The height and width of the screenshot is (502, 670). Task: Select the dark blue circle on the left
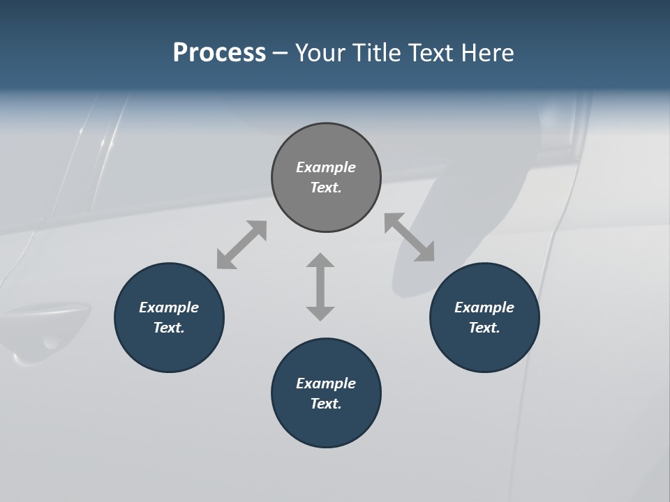[169, 317]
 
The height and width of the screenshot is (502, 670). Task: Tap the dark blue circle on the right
[484, 317]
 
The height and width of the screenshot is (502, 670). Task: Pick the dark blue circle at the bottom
[326, 393]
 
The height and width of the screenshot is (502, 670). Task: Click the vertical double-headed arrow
[320, 287]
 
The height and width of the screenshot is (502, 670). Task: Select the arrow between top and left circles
[242, 245]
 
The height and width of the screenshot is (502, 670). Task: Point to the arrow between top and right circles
[410, 238]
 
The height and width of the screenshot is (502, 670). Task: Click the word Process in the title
[219, 52]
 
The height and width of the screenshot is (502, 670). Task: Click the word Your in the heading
[318, 52]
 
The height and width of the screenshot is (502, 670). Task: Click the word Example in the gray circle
[326, 167]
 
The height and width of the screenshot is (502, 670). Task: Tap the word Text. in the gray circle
[326, 188]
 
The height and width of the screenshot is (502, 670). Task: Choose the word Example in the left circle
[169, 307]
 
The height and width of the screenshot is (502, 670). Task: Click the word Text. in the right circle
[484, 328]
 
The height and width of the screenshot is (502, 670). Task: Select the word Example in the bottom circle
[326, 383]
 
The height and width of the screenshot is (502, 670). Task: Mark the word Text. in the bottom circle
[326, 404]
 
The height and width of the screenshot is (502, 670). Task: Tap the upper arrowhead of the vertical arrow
[320, 261]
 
